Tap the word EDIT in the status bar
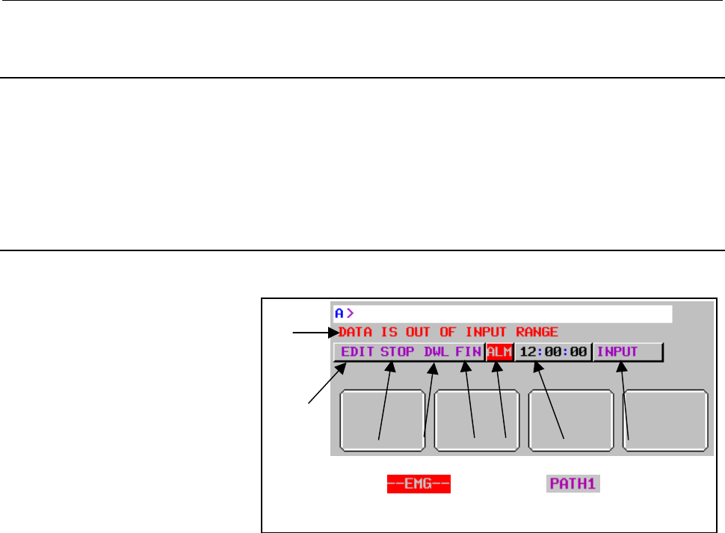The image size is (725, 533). pyautogui.click(x=357, y=352)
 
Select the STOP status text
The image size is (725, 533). pyautogui.click(x=397, y=352)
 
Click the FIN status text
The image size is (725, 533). pyautogui.click(x=468, y=352)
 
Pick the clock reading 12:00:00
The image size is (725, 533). pyautogui.click(x=553, y=352)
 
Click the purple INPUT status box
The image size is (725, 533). pyautogui.click(x=617, y=352)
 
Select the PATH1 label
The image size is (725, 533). pyautogui.click(x=573, y=483)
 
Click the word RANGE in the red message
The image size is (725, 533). pyautogui.click(x=539, y=332)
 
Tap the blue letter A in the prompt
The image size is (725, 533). pyautogui.click(x=339, y=313)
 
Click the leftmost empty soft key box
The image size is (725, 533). pyautogui.click(x=382, y=420)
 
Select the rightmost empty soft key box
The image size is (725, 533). pyautogui.click(x=665, y=420)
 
